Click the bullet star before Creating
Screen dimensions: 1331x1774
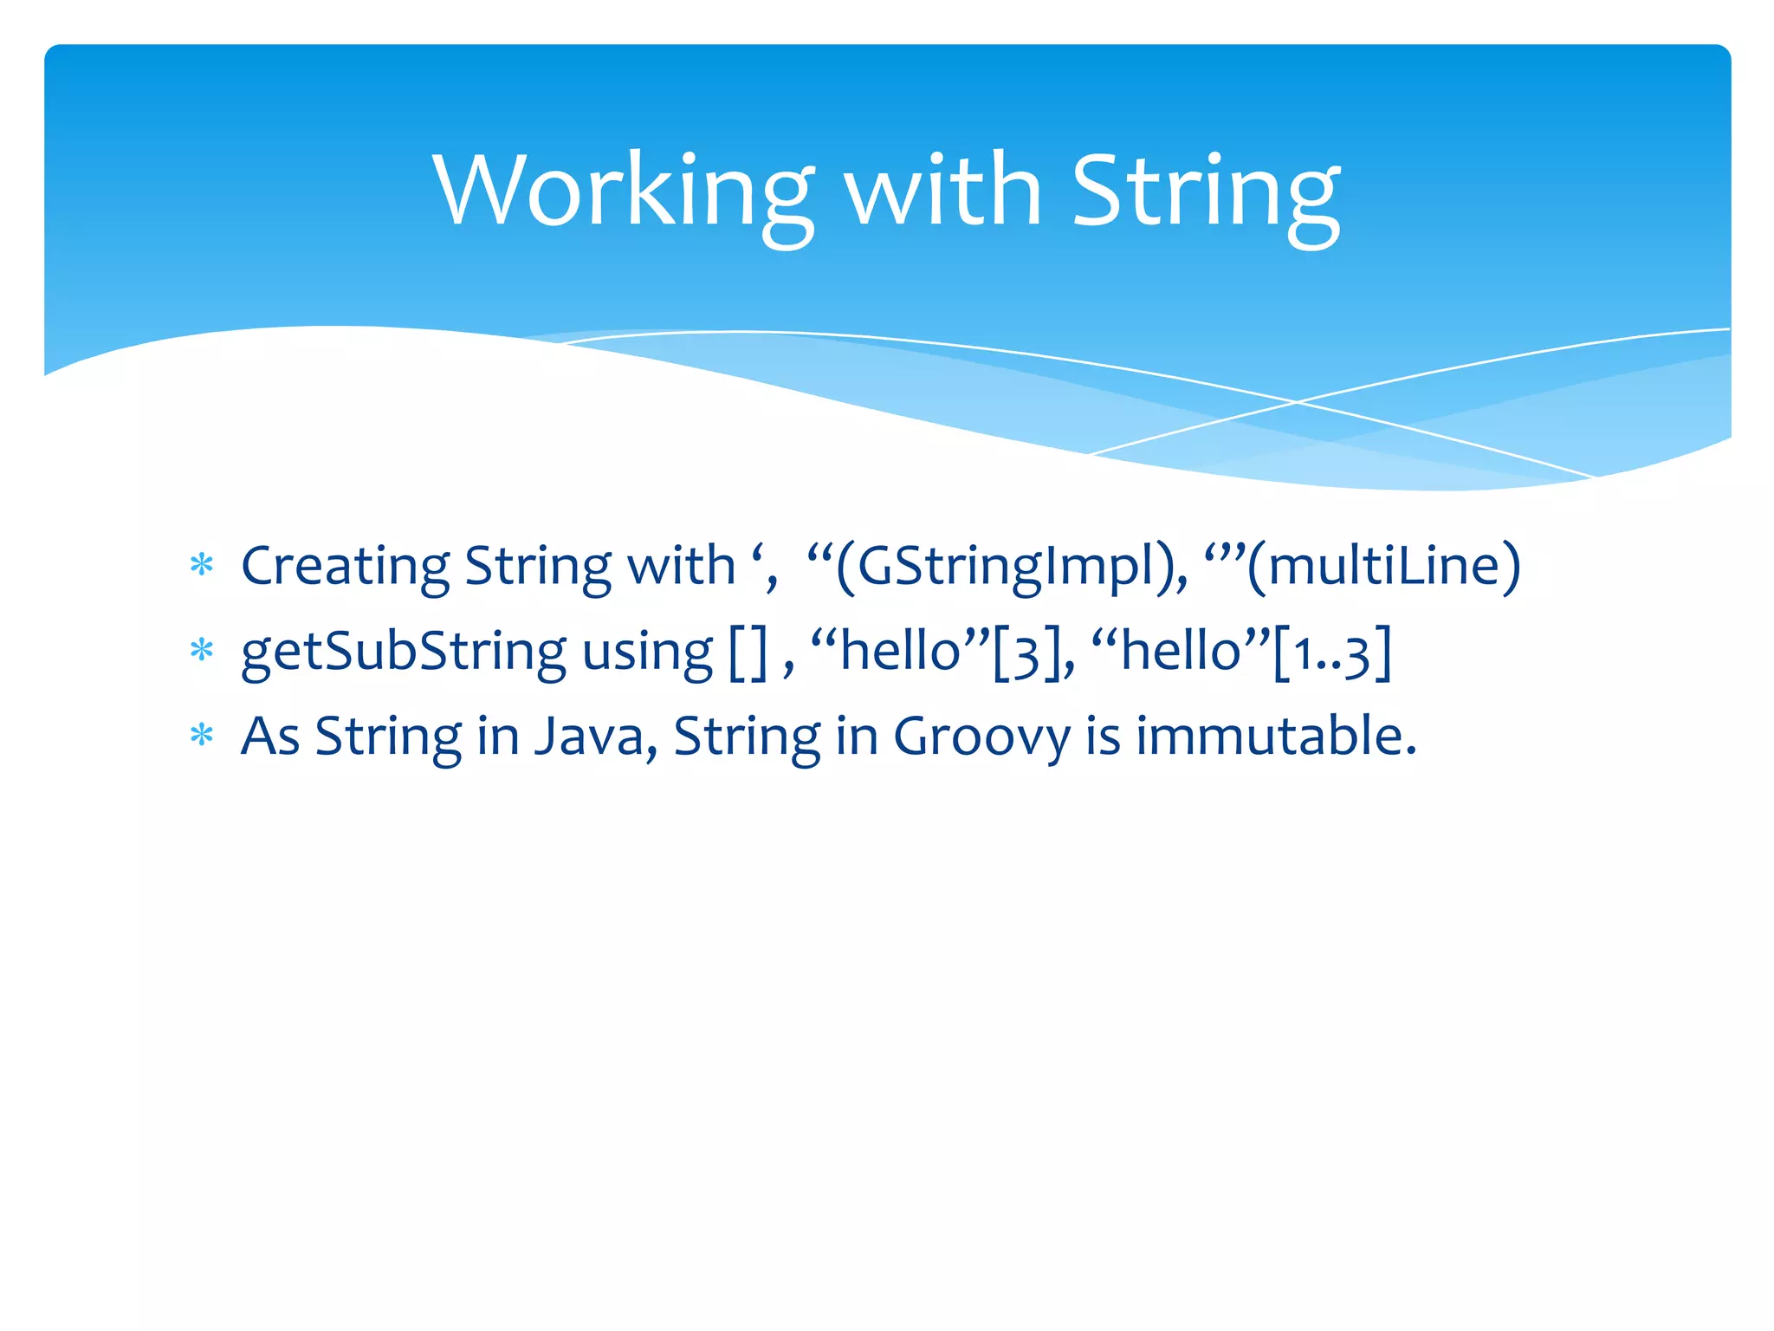[x=202, y=566]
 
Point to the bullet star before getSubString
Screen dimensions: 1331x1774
[x=202, y=651]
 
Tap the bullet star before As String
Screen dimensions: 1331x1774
[x=202, y=736]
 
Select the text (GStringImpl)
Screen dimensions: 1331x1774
[x=1008, y=566]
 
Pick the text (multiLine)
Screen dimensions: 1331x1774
[x=1382, y=566]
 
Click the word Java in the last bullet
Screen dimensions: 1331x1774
[x=590, y=737]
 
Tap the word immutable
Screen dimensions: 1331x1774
[x=1275, y=737]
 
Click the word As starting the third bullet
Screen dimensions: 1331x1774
[x=269, y=737]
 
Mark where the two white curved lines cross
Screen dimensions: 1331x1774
[x=1297, y=402]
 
